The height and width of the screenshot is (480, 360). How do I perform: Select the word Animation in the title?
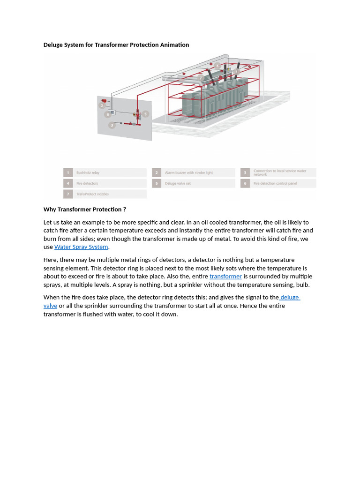pyautogui.click(x=172, y=45)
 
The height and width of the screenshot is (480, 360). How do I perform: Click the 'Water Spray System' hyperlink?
pyautogui.click(x=81, y=247)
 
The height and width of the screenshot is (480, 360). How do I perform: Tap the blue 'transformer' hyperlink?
pyautogui.click(x=225, y=277)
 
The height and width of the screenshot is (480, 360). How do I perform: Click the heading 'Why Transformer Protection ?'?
pyautogui.click(x=84, y=210)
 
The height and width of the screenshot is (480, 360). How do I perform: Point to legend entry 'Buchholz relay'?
pyautogui.click(x=88, y=173)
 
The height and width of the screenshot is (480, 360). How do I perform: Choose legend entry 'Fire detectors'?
pyautogui.click(x=87, y=184)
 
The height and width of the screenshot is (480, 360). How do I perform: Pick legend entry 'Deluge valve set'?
pyautogui.click(x=178, y=184)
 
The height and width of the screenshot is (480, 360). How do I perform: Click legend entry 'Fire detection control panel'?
pyautogui.click(x=275, y=184)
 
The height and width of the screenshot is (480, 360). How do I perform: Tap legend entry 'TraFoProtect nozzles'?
pyautogui.click(x=92, y=194)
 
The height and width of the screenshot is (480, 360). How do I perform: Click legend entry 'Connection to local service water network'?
pyautogui.click(x=279, y=172)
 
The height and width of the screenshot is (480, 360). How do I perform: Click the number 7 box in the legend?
pyautogui.click(x=68, y=194)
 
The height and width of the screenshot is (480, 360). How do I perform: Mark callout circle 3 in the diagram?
pyautogui.click(x=112, y=125)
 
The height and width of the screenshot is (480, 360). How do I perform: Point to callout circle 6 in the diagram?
pyautogui.click(x=107, y=114)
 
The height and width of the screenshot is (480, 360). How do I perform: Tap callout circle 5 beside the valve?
pyautogui.click(x=145, y=114)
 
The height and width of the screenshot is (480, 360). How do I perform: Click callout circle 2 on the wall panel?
pyautogui.click(x=101, y=106)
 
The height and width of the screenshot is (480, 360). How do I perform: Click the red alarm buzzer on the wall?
pyautogui.click(x=104, y=101)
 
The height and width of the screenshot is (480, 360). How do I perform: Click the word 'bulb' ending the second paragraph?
pyautogui.click(x=302, y=285)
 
